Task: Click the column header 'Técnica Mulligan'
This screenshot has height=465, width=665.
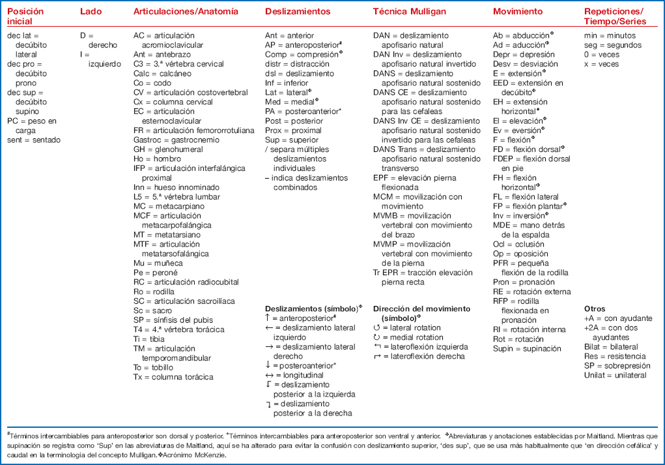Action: [x=409, y=12]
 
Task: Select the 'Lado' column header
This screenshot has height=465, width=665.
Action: [x=91, y=12]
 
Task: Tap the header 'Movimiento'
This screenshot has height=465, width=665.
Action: [x=517, y=12]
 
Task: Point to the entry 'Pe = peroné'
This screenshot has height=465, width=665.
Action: [x=155, y=272]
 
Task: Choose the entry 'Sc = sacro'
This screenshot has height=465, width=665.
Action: [x=154, y=311]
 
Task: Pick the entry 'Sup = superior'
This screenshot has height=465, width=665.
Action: [x=291, y=140]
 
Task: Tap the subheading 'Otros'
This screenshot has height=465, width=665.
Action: [x=595, y=308]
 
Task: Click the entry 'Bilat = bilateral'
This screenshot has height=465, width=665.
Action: [x=612, y=347]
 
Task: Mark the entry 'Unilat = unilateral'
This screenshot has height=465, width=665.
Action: [x=615, y=376]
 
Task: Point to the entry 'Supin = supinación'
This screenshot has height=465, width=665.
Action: [x=526, y=349]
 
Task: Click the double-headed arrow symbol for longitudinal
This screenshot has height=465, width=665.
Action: [x=270, y=375]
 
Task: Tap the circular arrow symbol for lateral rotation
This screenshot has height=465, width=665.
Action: [x=377, y=327]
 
